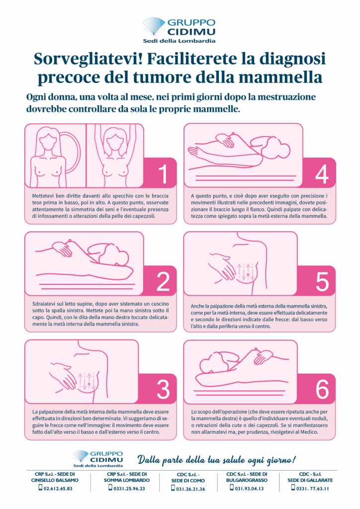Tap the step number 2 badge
(161, 281)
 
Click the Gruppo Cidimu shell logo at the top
(154, 26)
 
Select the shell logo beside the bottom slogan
(81, 456)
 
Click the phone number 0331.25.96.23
(129, 488)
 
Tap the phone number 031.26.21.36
(190, 489)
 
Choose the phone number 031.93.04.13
(249, 488)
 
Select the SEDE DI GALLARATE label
(310, 480)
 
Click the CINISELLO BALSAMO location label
(55, 480)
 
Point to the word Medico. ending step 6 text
(309, 432)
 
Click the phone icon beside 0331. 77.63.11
(293, 488)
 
